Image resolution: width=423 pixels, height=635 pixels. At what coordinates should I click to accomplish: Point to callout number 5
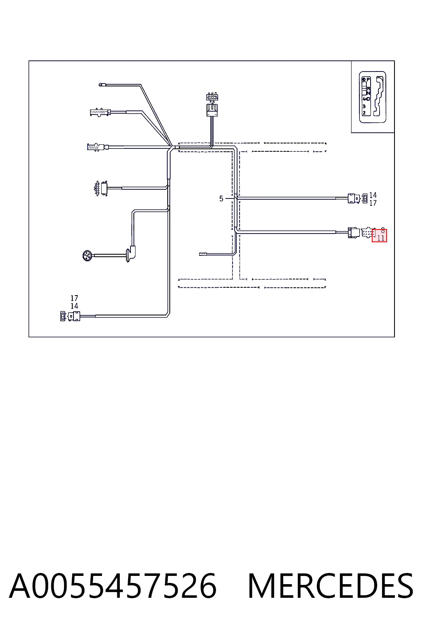pyautogui.click(x=221, y=199)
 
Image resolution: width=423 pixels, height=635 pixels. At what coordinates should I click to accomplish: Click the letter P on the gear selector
pyautogui.click(x=368, y=80)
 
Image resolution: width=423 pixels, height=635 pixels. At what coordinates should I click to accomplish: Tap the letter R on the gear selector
pyautogui.click(x=368, y=89)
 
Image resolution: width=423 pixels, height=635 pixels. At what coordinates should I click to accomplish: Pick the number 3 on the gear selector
pyautogui.click(x=364, y=106)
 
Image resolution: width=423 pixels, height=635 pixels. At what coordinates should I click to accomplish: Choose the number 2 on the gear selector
pyautogui.click(x=364, y=113)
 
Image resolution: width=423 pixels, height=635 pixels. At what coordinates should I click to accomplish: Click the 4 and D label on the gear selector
pyautogui.click(x=366, y=99)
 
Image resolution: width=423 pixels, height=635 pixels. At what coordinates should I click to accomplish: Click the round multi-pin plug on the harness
pyautogui.click(x=87, y=256)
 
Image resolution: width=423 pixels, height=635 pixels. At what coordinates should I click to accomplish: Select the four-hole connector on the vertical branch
pyautogui.click(x=212, y=97)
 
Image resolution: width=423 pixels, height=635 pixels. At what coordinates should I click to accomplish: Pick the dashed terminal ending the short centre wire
pyautogui.click(x=202, y=254)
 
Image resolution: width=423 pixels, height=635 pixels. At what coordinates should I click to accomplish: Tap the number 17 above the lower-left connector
pyautogui.click(x=74, y=298)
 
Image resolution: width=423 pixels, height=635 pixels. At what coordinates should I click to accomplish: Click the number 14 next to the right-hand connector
pyautogui.click(x=373, y=195)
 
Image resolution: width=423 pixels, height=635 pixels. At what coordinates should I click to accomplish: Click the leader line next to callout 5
pyautogui.click(x=230, y=198)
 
